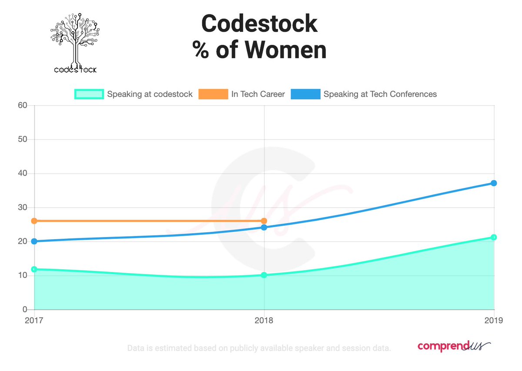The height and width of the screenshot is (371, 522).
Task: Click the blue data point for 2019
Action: coord(494,183)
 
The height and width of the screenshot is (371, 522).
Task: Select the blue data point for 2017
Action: coord(34,241)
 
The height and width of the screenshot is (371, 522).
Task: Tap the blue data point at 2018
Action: coord(264,227)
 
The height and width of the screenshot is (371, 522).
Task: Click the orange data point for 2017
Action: coord(34,221)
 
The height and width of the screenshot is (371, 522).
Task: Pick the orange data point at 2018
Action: coord(264,221)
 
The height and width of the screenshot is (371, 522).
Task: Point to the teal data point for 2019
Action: coord(494,237)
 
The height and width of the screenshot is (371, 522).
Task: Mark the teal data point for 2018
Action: coord(264,275)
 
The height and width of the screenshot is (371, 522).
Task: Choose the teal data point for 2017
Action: coord(34,269)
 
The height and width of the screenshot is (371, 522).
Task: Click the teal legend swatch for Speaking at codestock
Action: coord(89,94)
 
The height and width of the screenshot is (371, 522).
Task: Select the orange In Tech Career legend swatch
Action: coord(213,94)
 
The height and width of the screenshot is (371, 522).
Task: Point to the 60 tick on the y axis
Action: coord(23,105)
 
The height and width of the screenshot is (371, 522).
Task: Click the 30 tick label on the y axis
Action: coord(23,207)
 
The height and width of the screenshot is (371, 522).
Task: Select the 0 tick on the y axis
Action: coord(25,310)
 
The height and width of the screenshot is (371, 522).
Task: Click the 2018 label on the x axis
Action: coord(264,321)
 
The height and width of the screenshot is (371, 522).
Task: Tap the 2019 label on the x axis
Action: coord(494,321)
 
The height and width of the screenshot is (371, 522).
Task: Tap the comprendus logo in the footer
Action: coord(454,346)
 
